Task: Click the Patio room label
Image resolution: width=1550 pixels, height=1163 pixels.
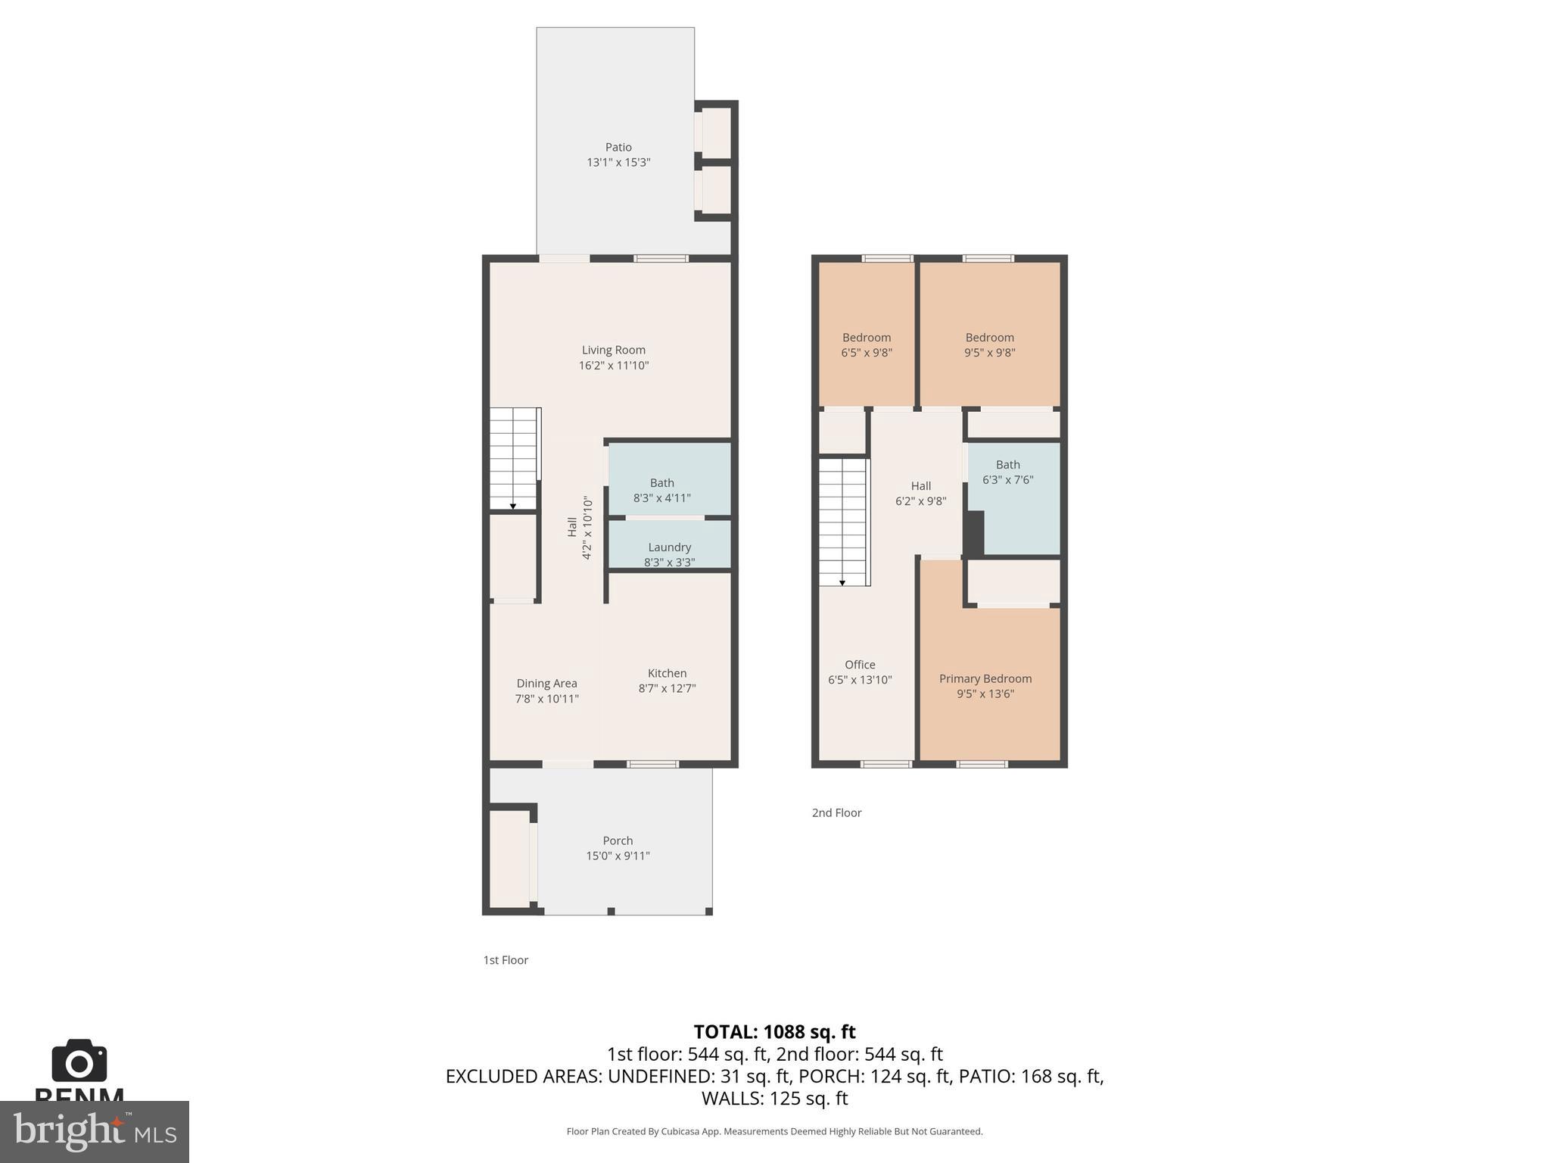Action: click(618, 148)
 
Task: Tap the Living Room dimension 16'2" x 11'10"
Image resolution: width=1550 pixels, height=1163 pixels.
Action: click(613, 366)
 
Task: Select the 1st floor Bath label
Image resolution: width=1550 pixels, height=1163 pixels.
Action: click(661, 483)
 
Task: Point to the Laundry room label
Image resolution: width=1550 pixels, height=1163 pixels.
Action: click(669, 547)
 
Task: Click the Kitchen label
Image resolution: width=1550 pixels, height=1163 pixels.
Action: click(667, 674)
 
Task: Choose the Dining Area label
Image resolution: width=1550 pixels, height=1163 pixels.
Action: click(546, 684)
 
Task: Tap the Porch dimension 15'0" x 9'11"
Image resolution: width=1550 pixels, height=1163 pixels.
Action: click(618, 856)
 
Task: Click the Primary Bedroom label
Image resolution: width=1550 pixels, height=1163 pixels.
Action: click(985, 679)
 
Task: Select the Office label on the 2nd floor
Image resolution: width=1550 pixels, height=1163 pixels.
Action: click(860, 665)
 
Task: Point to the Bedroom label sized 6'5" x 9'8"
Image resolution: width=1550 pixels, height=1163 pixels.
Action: click(866, 338)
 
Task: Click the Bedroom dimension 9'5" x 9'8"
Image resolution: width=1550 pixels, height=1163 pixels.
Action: click(989, 353)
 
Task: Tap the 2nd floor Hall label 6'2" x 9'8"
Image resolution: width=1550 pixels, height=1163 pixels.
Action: click(920, 486)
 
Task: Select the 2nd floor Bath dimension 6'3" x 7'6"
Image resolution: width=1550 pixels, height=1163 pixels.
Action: click(1007, 480)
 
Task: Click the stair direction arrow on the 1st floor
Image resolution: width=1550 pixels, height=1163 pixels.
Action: click(513, 506)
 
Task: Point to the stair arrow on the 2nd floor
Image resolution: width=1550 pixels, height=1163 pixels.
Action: click(842, 582)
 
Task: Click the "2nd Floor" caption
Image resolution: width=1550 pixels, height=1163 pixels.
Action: click(836, 813)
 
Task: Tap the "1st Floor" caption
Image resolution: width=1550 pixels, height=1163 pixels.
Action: click(506, 960)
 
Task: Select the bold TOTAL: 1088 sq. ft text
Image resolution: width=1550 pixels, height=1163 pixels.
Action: click(774, 1032)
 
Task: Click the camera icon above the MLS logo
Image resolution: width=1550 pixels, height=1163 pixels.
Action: click(79, 1061)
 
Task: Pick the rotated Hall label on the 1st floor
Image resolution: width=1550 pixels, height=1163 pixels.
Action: click(573, 527)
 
